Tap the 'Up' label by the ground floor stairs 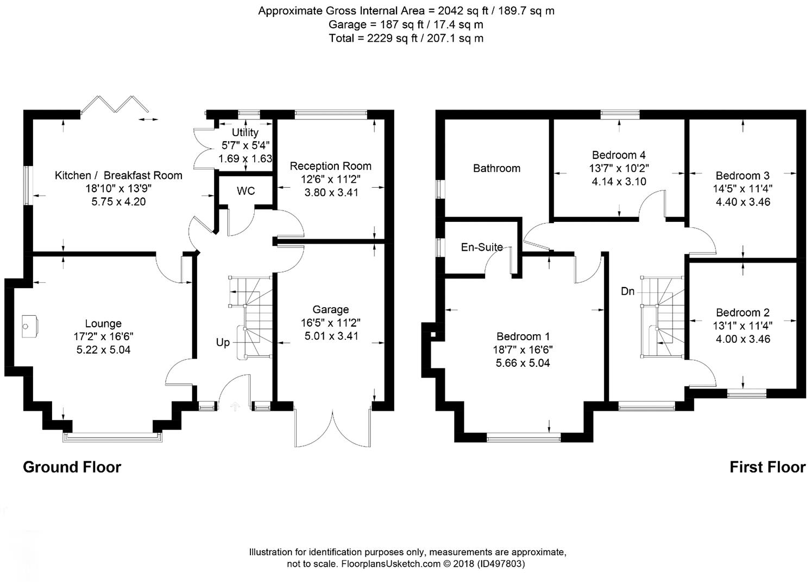point(223,342)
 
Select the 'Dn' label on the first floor point(627,291)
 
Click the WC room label point(246,191)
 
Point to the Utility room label point(245,132)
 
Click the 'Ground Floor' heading point(72,467)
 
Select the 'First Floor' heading point(767,467)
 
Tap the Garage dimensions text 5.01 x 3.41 point(331,336)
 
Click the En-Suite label point(482,247)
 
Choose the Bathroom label point(496,168)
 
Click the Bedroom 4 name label point(619,155)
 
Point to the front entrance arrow point(235,405)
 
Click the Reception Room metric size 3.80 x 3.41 point(331,192)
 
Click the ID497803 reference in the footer point(501,564)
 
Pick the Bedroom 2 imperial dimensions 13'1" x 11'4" point(742,326)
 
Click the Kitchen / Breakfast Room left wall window point(27,185)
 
